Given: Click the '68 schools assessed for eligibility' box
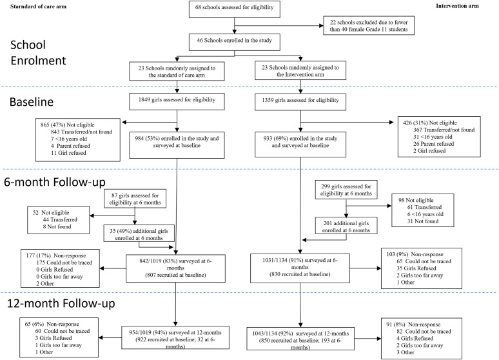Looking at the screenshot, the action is pyautogui.click(x=235, y=9).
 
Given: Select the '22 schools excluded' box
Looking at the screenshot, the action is pyautogui.click(x=369, y=26).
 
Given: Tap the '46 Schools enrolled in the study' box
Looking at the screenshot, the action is pyautogui.click(x=235, y=42).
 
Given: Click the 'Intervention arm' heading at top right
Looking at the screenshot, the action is pyautogui.click(x=457, y=6).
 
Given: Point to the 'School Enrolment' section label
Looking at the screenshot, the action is pyautogui.click(x=38, y=52).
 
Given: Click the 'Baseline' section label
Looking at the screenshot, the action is pyautogui.click(x=32, y=102).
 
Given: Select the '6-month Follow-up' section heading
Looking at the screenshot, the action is pyautogui.click(x=54, y=182).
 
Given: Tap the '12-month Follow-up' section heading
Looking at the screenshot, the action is pyautogui.click(x=61, y=303).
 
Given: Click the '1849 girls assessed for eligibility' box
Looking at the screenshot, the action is pyautogui.click(x=177, y=102).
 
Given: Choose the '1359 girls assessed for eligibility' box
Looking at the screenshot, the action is pyautogui.click(x=300, y=102).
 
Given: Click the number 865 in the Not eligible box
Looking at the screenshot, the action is pyautogui.click(x=45, y=125).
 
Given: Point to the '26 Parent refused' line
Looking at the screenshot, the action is pyautogui.click(x=433, y=144).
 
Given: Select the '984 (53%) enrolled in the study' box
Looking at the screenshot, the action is pyautogui.click(x=177, y=145).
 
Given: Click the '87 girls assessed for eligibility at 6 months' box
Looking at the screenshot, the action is pyautogui.click(x=135, y=199).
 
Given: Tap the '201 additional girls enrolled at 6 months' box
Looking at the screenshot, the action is pyautogui.click(x=346, y=226).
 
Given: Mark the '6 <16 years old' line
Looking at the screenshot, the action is pyautogui.click(x=425, y=214).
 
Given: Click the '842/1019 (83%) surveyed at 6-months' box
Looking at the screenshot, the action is pyautogui.click(x=175, y=268).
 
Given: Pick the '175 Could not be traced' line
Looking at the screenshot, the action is pyautogui.click(x=64, y=263).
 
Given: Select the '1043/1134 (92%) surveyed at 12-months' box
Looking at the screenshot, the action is pyautogui.click(x=300, y=339).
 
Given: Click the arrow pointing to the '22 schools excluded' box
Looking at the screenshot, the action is pyautogui.click(x=279, y=26).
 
